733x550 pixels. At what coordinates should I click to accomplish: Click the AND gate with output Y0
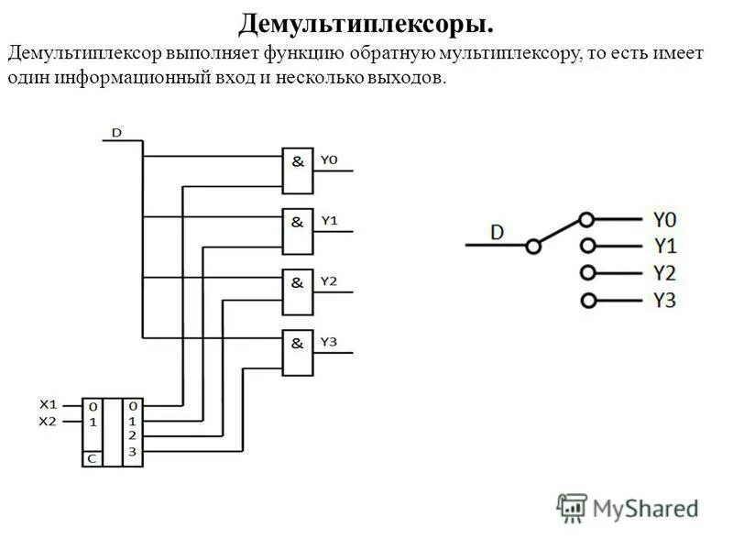pos(297,170)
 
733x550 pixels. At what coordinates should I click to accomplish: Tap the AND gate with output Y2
pos(297,291)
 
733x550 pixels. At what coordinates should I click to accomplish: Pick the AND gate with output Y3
pos(297,352)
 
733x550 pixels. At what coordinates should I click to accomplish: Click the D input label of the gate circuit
pos(116,132)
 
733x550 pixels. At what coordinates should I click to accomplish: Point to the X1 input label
pos(48,403)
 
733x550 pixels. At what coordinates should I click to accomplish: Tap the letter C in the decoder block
pos(92,456)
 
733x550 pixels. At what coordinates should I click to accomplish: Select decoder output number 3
pos(133,452)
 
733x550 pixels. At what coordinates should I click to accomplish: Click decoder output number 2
pos(133,435)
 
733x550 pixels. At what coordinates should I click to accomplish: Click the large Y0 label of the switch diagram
pos(664,219)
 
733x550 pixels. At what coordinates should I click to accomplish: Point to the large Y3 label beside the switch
pos(664,300)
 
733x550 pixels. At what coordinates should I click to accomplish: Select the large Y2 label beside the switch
pos(664,272)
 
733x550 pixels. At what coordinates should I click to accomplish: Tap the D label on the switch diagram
pos(497,232)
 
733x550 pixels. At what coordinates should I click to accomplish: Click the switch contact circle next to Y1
pos(587,246)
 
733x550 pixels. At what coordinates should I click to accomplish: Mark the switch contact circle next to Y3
pos(587,300)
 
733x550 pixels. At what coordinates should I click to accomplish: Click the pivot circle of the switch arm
pos(532,246)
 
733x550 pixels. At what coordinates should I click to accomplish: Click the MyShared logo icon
pos(572,507)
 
